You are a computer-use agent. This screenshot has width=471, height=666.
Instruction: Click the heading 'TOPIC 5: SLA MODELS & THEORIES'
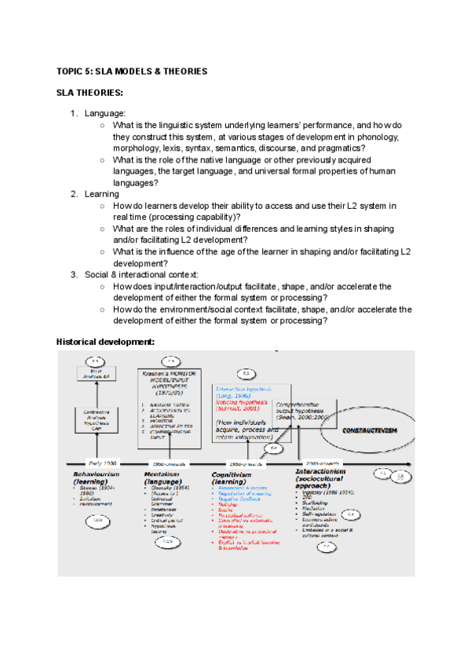point(132,71)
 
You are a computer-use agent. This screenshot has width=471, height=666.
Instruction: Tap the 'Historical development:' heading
point(105,342)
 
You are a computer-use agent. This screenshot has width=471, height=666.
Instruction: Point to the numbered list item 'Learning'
point(102,194)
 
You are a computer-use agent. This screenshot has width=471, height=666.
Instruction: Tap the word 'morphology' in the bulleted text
point(138,148)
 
